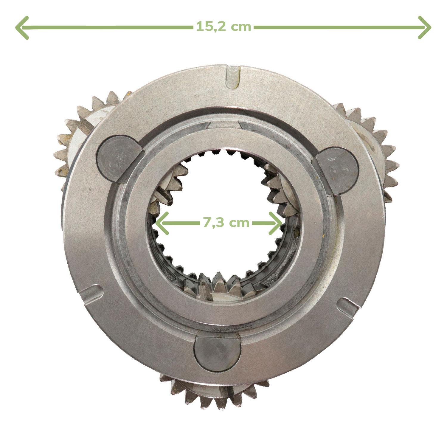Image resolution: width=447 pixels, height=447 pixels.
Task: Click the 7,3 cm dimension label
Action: click(226, 223)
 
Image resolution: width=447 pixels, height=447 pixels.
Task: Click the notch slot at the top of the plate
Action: click(233, 77)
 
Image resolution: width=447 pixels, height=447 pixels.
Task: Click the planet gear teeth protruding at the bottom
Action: click(215, 393)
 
